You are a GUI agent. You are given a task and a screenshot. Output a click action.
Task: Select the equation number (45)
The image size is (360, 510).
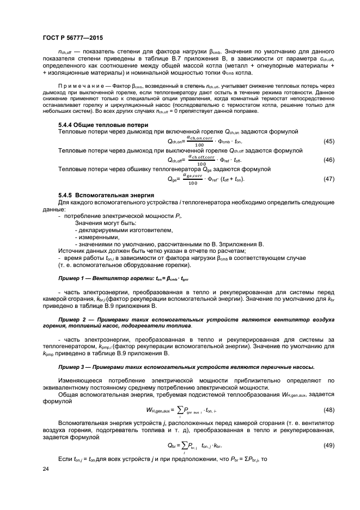click(x=328, y=142)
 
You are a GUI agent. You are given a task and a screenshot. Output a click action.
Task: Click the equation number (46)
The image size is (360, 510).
click(x=328, y=160)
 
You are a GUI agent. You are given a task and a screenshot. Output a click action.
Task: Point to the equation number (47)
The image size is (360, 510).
click(x=328, y=178)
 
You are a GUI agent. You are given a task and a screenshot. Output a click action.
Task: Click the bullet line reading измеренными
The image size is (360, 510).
click(x=96, y=237)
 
